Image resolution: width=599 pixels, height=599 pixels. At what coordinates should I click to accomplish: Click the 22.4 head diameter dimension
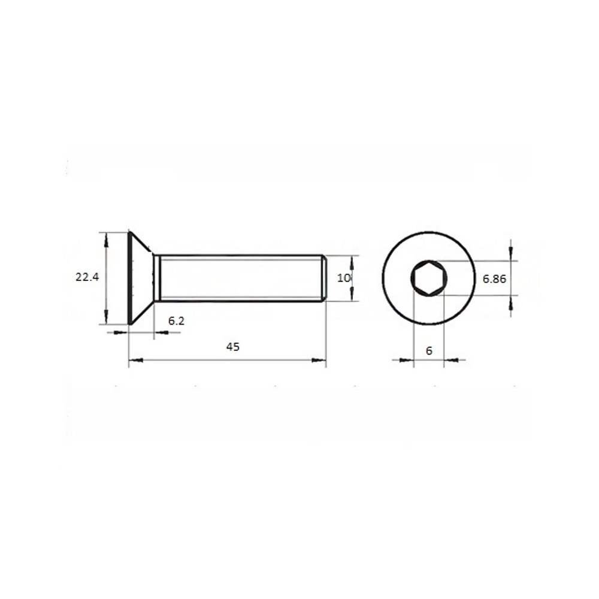pos(87,277)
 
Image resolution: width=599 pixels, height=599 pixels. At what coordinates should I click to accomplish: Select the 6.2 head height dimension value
pos(176,321)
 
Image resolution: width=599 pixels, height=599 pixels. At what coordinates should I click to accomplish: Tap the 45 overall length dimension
pos(232,347)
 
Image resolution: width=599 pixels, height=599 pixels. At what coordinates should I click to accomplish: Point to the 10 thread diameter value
pos(344,278)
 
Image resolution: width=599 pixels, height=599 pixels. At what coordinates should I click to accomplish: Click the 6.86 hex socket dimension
pos(494,279)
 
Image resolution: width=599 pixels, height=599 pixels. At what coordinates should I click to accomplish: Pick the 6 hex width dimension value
pos(429,350)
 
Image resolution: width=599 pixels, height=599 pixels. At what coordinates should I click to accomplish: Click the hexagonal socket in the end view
pos(429,278)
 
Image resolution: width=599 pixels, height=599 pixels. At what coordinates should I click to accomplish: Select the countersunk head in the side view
pos(141,278)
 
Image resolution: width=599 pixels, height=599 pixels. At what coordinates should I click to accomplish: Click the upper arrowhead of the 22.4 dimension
pos(106,240)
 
